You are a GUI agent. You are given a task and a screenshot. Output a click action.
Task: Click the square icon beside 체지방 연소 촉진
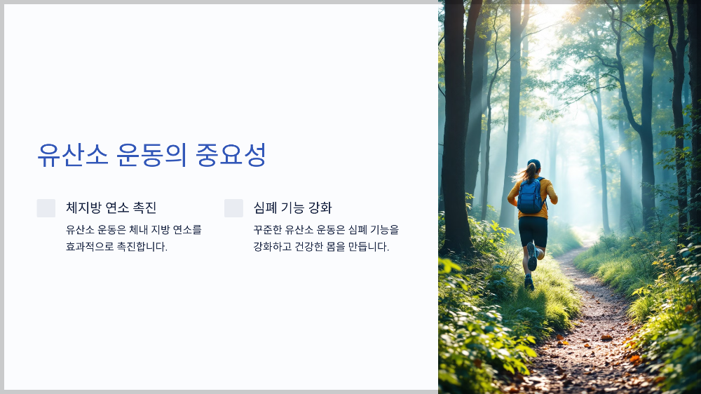click(46, 208)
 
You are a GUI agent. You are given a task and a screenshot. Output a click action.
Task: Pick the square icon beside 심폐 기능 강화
click(233, 208)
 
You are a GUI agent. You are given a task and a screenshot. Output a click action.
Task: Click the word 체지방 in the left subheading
click(82, 208)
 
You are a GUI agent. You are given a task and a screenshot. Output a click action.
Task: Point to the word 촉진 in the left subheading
click(145, 208)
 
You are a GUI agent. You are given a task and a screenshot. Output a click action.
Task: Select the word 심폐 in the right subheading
click(264, 208)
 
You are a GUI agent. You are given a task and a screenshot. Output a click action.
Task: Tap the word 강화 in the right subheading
click(320, 208)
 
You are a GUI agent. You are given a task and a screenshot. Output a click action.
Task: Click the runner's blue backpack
click(531, 197)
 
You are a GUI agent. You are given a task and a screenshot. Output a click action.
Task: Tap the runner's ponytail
click(524, 173)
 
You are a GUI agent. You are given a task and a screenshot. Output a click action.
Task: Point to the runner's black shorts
click(533, 230)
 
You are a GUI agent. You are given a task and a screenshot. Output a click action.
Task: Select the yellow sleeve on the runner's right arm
click(552, 191)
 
